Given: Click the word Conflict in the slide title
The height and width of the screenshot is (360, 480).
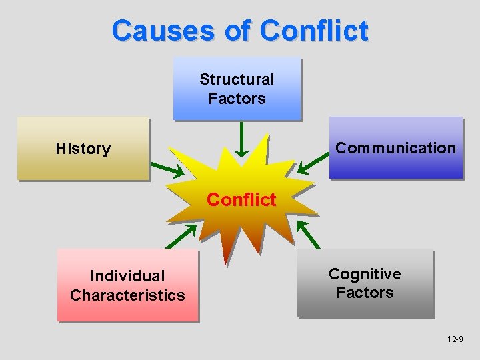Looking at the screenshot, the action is (x=314, y=31).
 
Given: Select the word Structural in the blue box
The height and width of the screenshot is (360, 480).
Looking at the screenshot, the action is (x=237, y=79).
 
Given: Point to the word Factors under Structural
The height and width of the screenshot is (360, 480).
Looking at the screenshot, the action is (x=237, y=99).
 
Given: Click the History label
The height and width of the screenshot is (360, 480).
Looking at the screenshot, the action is (x=83, y=149).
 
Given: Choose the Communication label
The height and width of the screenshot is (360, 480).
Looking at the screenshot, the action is (x=395, y=148).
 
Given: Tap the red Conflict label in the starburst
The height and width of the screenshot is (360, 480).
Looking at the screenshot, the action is (x=241, y=200).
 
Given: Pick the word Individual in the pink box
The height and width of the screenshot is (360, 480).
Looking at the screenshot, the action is (x=127, y=276).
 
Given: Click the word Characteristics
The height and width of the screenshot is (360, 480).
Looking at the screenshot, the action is (x=127, y=295).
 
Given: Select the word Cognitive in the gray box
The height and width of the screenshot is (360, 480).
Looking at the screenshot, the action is (x=365, y=274).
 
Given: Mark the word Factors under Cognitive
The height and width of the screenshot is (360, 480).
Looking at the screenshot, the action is (x=365, y=293).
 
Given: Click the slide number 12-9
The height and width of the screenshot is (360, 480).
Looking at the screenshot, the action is (x=456, y=340).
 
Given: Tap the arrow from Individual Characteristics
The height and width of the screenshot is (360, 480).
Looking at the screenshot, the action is (x=181, y=235).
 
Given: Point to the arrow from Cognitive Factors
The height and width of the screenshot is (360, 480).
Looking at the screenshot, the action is (x=308, y=233).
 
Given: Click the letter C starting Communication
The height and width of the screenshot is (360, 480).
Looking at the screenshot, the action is (x=341, y=148).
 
